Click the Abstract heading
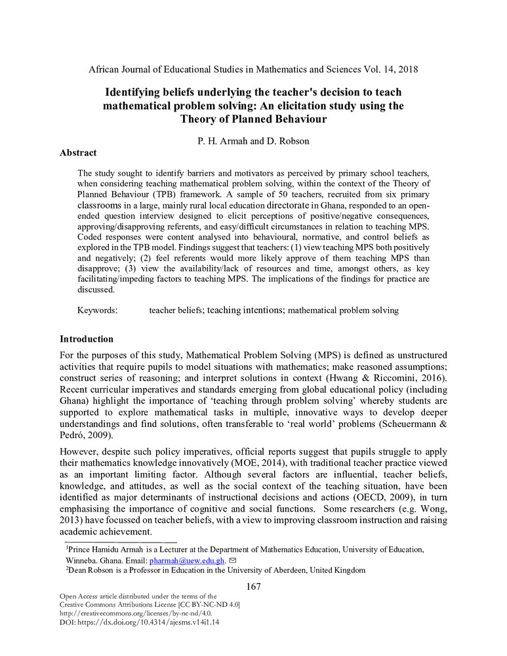78,153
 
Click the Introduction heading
87,339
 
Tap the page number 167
253,586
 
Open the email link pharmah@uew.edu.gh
187,561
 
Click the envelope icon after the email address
232,561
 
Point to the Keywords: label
97,310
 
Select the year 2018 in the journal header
407,69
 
